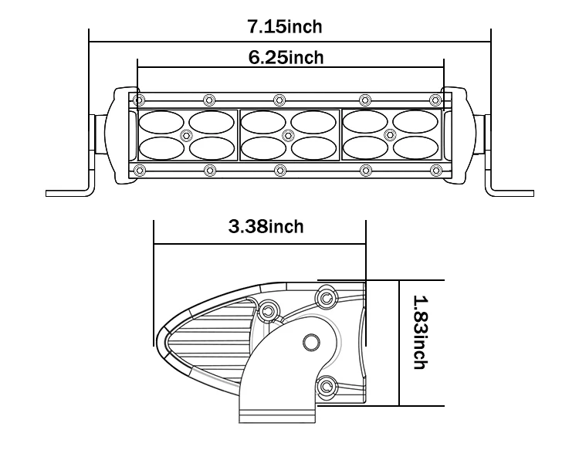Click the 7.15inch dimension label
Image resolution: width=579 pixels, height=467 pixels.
click(284, 27)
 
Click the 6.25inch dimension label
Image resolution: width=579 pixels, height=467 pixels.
click(286, 58)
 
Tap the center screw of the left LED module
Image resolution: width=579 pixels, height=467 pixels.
click(185, 135)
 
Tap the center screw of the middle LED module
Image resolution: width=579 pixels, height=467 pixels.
click(289, 135)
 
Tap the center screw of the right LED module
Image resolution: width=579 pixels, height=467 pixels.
click(390, 135)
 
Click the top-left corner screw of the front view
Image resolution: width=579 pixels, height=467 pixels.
click(139, 100)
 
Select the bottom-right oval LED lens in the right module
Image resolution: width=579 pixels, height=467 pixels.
click(415, 147)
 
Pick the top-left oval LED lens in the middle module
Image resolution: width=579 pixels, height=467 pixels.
click(264, 122)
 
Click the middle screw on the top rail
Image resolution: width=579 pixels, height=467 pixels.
click(279, 100)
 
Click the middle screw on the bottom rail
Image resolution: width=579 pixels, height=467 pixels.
click(279, 170)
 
